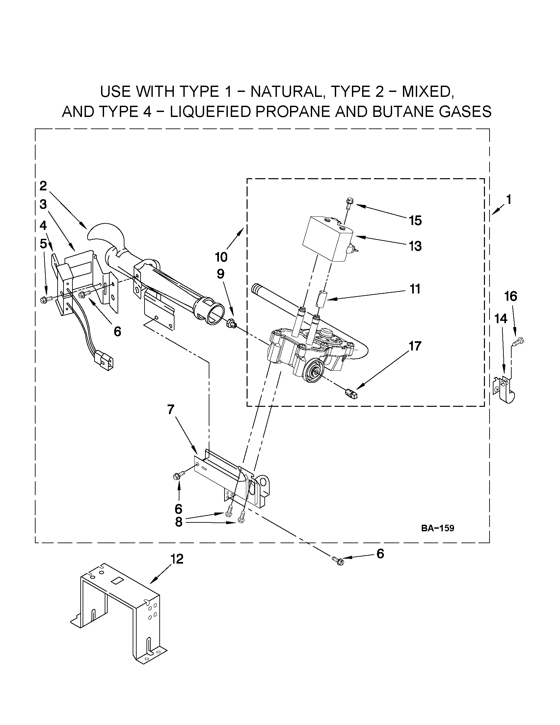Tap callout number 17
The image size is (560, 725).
click(415, 346)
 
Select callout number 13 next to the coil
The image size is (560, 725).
click(415, 246)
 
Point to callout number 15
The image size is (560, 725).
click(415, 220)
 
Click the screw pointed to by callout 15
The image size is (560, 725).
click(349, 203)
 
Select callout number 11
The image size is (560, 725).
click(415, 289)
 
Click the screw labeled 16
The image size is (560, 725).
click(518, 341)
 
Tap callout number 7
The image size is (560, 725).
click(171, 410)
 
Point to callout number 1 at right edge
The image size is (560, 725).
click(508, 200)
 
